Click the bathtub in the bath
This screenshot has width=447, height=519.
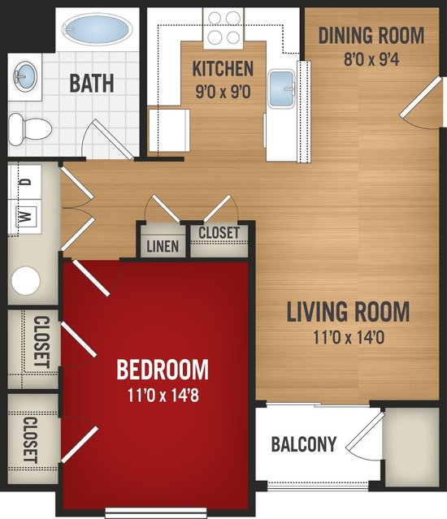(96, 30)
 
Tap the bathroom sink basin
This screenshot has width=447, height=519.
(24, 77)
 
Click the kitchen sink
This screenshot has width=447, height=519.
(281, 89)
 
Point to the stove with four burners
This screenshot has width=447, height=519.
(223, 28)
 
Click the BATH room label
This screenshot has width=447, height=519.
(92, 84)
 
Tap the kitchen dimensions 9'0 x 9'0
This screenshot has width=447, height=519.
(223, 92)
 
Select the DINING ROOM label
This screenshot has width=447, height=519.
(371, 36)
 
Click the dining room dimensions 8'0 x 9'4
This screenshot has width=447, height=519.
(371, 59)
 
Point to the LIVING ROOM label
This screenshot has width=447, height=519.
(348, 311)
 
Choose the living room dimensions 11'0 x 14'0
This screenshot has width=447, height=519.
(349, 338)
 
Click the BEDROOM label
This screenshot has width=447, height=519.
(163, 370)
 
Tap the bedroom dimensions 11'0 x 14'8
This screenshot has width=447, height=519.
(163, 396)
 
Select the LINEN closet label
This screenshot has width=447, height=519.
(163, 246)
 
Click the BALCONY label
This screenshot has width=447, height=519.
(304, 444)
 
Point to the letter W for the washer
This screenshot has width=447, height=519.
(26, 216)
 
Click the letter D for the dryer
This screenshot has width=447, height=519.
(26, 182)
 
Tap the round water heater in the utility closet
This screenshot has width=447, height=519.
(26, 281)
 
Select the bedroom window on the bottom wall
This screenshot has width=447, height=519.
(156, 513)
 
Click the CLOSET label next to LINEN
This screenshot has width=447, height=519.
(219, 232)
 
